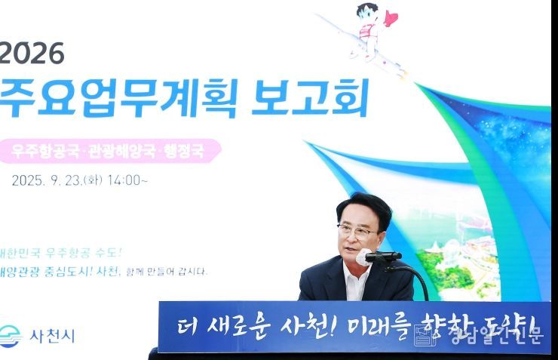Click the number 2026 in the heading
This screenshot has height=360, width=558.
coord(32,53)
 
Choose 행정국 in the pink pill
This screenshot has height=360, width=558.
coord(185,151)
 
